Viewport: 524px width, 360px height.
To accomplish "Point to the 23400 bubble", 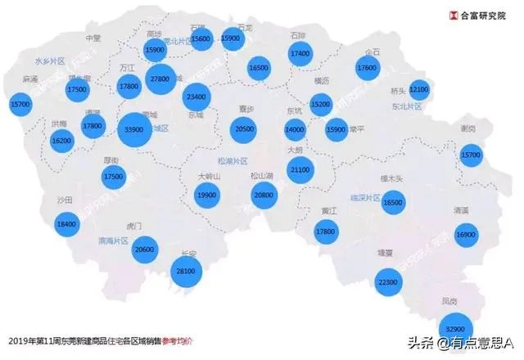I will click(x=196, y=97).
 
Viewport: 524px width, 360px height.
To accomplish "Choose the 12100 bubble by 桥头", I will click(x=419, y=88).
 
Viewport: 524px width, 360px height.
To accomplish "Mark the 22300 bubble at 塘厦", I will click(x=388, y=282).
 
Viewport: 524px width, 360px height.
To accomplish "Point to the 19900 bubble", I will click(x=208, y=195).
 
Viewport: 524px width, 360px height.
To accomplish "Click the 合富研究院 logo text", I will click(x=484, y=14).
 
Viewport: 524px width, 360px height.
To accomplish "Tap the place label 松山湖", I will click(x=261, y=175).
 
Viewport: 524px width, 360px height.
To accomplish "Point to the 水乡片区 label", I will click(x=50, y=61).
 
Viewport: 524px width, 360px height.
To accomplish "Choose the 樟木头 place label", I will click(x=400, y=178).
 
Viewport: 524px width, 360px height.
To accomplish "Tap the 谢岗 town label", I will click(x=468, y=128).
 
